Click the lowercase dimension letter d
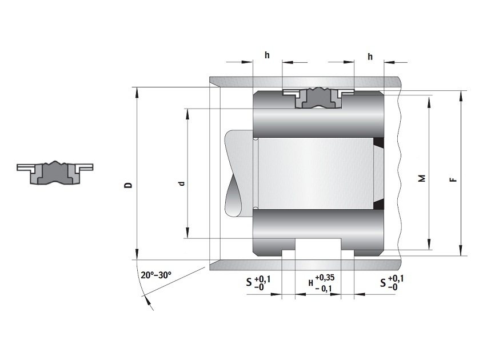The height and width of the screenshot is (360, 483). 182,183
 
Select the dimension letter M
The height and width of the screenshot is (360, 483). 422,178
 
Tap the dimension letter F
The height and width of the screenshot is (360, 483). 453,179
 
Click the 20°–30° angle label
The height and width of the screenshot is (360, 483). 156,275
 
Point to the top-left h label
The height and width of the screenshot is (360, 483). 267,55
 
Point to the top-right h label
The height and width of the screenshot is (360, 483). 370,57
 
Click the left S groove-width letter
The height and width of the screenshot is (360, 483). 249,282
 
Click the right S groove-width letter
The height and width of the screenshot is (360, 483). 383,282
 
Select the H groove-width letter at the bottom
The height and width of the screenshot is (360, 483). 311,283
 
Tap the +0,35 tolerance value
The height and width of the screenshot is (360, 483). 325,278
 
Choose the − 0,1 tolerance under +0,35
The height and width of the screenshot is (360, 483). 324,289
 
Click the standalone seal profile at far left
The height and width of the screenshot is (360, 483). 55,173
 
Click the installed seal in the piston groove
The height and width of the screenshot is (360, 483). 318,97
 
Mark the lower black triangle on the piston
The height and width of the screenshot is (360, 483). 378,205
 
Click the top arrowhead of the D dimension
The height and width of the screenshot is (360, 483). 137,92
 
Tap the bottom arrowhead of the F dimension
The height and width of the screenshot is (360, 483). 461,251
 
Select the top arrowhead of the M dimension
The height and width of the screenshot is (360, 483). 429,100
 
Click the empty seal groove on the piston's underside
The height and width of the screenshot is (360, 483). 318,248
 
